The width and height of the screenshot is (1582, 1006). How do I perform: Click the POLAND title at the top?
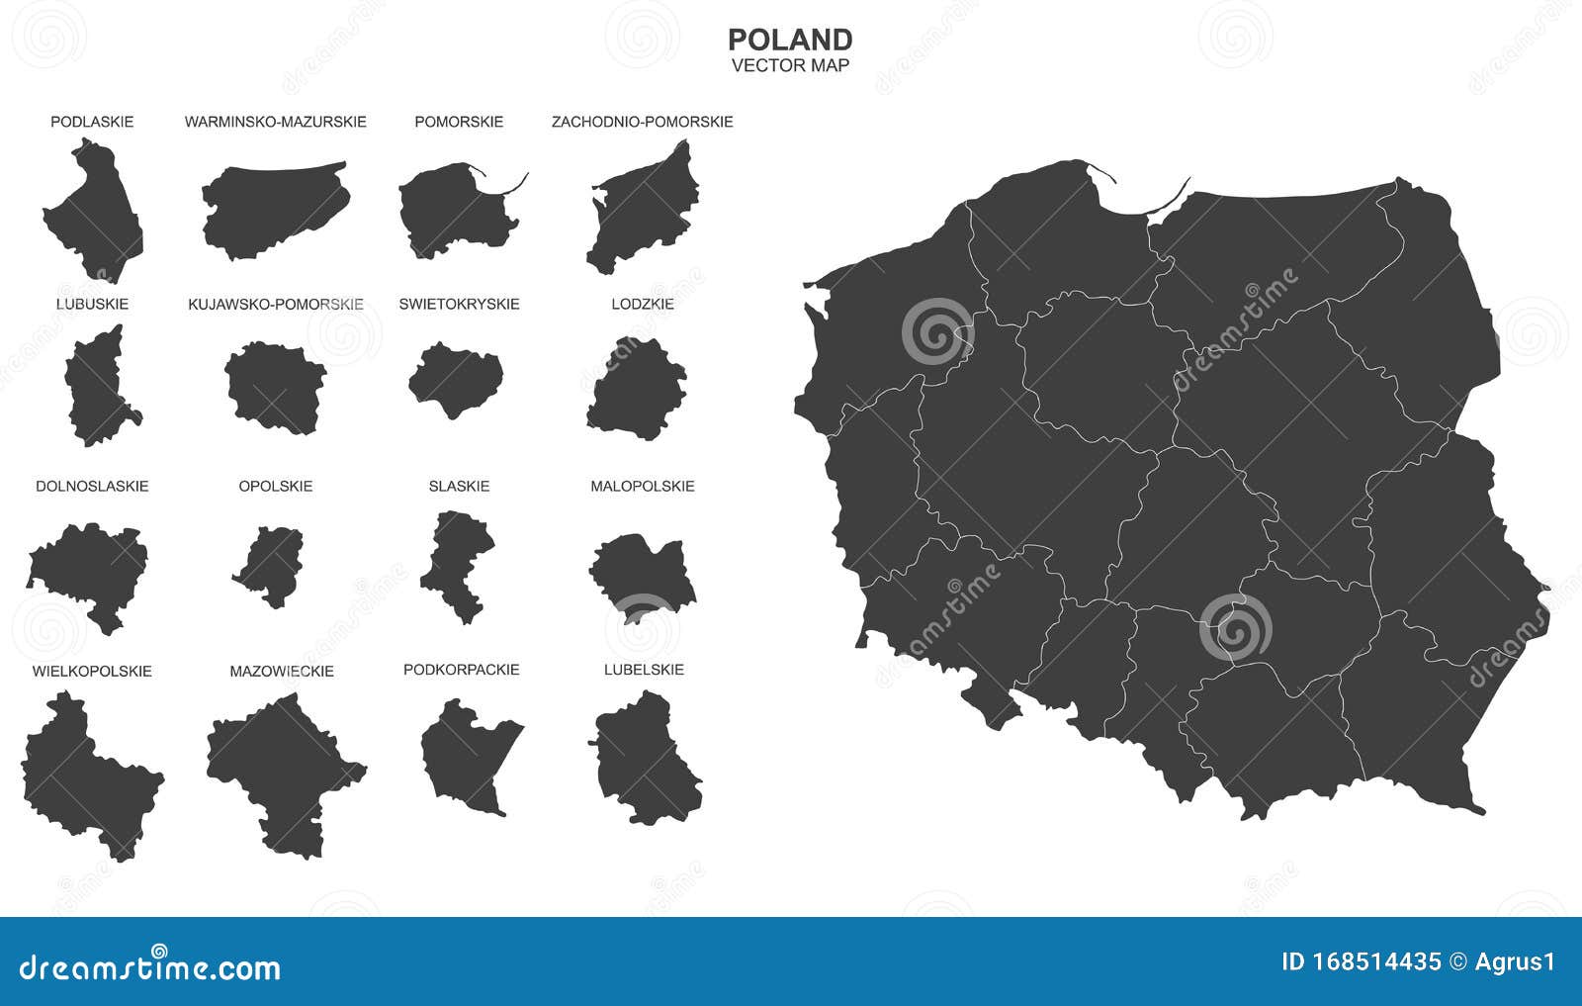point(790,40)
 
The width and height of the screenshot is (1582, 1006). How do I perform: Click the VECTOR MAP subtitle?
point(790,66)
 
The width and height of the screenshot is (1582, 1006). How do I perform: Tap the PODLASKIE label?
point(92,122)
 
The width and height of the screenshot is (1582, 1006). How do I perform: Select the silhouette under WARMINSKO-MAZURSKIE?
point(274,210)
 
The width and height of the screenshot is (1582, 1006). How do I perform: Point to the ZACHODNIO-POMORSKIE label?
point(642,122)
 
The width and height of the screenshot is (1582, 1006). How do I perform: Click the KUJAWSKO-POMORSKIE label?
point(276,304)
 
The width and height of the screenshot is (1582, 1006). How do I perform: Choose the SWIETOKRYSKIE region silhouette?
point(456,378)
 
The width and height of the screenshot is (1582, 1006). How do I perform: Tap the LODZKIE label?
point(643,304)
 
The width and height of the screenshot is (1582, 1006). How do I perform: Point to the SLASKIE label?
point(459,486)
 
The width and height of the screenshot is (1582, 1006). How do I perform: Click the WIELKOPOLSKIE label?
point(92,671)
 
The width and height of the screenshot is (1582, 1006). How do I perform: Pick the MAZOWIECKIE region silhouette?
point(282,767)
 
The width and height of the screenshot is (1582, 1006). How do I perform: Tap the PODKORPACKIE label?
point(461,670)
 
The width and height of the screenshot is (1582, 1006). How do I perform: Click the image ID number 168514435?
point(1375,961)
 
